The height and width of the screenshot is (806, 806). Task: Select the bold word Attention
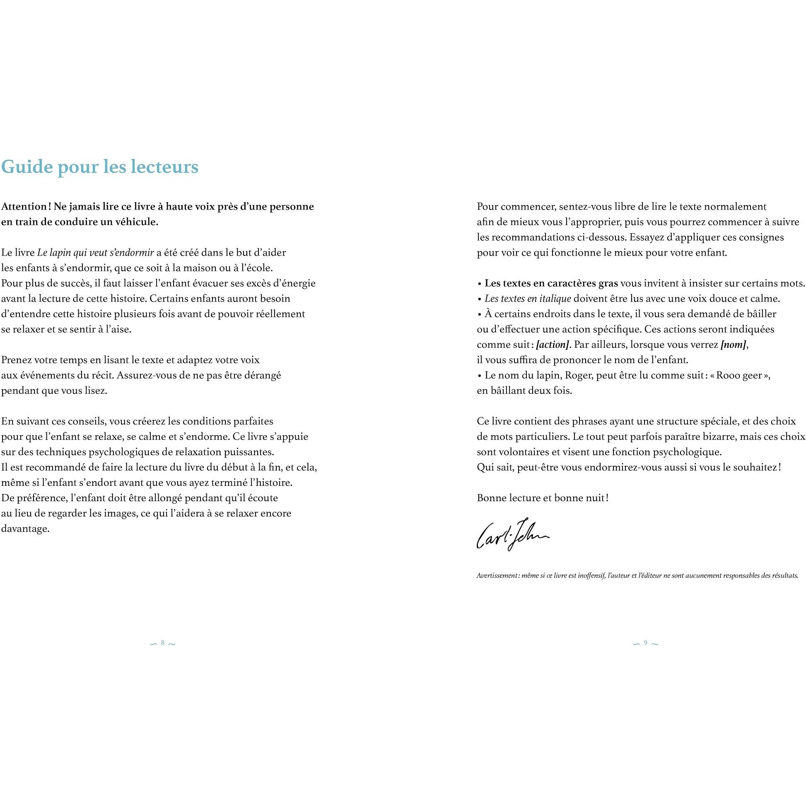point(24,207)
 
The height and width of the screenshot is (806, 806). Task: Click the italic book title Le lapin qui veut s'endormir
point(96,252)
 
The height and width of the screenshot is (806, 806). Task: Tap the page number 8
point(163,643)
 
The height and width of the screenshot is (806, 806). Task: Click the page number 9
point(645,643)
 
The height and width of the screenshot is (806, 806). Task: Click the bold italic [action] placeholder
point(553,345)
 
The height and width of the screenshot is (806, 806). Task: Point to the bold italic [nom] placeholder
point(734,345)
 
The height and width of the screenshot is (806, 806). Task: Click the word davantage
point(25,529)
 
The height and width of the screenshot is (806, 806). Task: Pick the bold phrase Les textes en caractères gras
point(551,283)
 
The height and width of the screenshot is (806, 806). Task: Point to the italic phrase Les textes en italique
point(528,299)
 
